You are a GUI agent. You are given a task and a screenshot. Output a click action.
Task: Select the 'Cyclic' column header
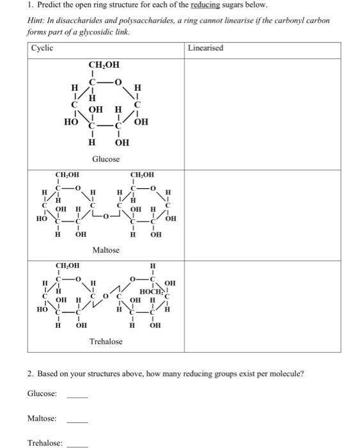pyautogui.click(x=43, y=48)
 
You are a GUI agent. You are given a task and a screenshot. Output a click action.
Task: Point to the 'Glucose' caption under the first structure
pyautogui.click(x=106, y=158)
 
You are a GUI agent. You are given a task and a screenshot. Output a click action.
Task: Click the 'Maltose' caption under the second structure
pyautogui.click(x=106, y=250)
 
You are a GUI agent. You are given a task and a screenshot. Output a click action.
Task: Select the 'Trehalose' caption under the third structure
pyautogui.click(x=106, y=342)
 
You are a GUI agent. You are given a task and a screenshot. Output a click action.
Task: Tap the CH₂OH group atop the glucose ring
pyautogui.click(x=103, y=64)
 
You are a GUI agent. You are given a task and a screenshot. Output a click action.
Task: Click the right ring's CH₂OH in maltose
pyautogui.click(x=143, y=173)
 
